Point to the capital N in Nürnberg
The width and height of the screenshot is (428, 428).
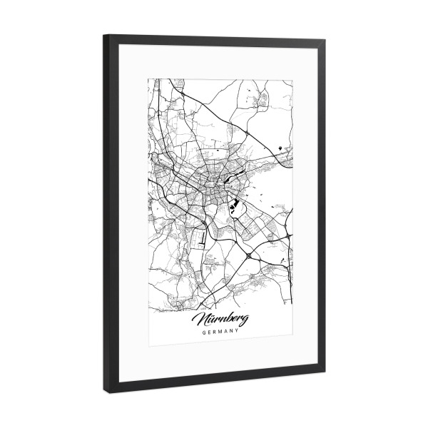[200, 315]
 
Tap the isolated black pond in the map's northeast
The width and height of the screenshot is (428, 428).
[277, 148]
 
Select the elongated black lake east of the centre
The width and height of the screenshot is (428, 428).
[241, 173]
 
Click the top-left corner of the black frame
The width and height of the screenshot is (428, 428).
[107, 36]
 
